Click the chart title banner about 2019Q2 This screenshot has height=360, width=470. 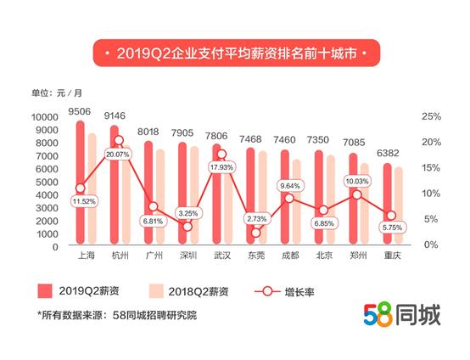point(236,53)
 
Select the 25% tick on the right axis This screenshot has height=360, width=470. point(429,116)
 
